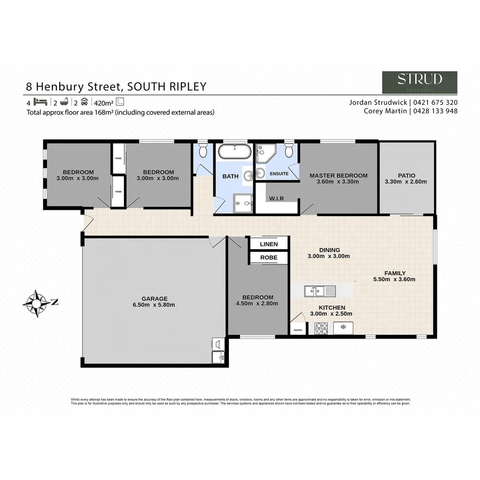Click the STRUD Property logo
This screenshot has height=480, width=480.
click(420, 82)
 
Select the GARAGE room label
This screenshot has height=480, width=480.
click(155, 299)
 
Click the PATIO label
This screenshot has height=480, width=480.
click(406, 175)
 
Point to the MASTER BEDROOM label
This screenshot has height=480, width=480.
click(338, 175)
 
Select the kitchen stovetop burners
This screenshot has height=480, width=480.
click(321, 328)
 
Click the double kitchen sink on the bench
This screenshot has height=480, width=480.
click(320, 292)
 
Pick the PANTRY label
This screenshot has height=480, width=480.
click(298, 330)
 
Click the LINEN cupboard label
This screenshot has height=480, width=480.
click(268, 244)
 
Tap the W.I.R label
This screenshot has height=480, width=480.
click(276, 198)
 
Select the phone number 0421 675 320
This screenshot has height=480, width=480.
click(435, 102)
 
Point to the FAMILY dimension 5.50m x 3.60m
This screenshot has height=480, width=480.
click(394, 280)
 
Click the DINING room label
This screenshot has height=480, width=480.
click(329, 250)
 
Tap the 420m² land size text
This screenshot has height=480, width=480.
click(103, 102)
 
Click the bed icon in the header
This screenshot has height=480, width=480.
click(40, 101)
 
